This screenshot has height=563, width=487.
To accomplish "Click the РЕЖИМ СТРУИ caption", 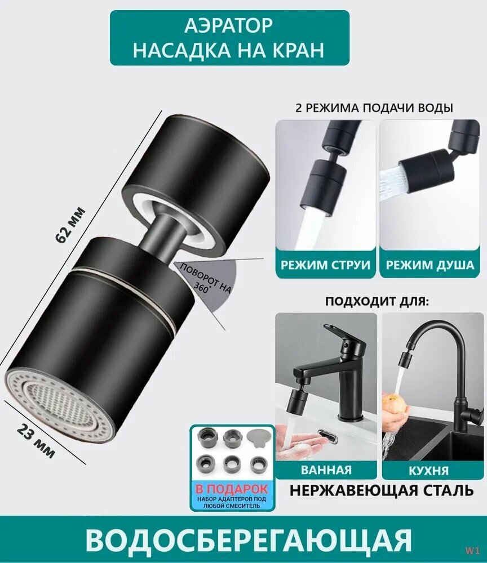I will click(326, 265).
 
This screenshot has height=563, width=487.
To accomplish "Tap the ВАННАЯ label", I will click(326, 470).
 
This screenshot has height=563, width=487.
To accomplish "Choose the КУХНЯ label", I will click(430, 470).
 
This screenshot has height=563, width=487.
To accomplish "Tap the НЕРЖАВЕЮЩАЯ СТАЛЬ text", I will click(382, 491).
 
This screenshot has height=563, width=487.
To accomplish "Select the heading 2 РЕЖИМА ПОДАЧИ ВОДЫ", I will click(375, 108).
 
